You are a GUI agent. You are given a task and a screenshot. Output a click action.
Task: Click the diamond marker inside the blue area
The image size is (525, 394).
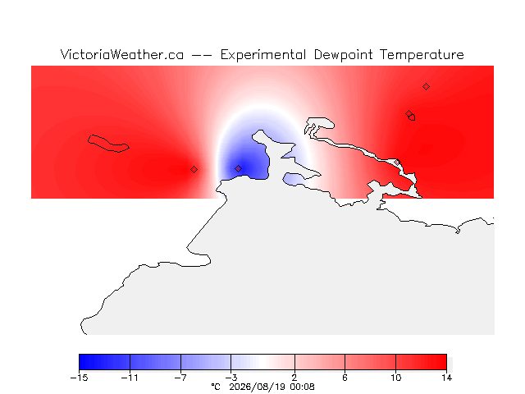pyautogui.click(x=238, y=168)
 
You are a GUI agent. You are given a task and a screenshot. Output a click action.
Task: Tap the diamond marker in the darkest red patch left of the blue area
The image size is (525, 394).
pyautogui.click(x=194, y=170)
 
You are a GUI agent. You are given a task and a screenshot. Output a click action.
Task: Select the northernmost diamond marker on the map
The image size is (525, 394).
pyautogui.click(x=426, y=87)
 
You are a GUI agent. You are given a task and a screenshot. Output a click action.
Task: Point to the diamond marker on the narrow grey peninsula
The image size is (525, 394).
pyautogui.click(x=397, y=163)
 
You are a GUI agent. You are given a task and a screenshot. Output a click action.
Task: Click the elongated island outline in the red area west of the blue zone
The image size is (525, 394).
pyautogui.click(x=108, y=144)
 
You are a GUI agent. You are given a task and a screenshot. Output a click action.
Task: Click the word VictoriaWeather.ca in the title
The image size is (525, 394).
pyautogui.click(x=122, y=55)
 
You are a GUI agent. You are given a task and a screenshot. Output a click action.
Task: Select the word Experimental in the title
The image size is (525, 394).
pyautogui.click(x=263, y=55)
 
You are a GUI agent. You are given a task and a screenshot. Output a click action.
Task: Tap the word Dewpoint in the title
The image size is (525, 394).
pyautogui.click(x=343, y=55)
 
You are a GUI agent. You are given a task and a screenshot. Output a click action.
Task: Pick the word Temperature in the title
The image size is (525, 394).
pyautogui.click(x=422, y=55)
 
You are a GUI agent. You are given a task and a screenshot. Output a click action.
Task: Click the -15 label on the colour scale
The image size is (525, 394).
pyautogui.click(x=79, y=378)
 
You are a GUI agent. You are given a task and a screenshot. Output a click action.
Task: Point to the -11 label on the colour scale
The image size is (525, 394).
pyautogui.click(x=130, y=378)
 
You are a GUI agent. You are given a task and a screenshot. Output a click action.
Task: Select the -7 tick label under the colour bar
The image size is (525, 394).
pyautogui.click(x=180, y=378)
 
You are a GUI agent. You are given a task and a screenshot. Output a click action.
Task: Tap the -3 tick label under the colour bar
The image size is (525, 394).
pyautogui.click(x=231, y=378)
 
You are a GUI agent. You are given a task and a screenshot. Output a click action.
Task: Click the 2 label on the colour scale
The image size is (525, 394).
pyautogui.click(x=294, y=378)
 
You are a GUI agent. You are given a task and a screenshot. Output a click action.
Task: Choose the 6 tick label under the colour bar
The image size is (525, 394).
pyautogui.click(x=345, y=378)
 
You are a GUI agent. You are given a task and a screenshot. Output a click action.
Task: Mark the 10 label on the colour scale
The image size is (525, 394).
pyautogui.click(x=395, y=378)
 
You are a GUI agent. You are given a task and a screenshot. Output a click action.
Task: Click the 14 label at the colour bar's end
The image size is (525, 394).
pyautogui.click(x=446, y=378)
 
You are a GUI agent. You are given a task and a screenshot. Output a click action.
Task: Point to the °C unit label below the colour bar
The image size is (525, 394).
pyautogui.click(x=216, y=387)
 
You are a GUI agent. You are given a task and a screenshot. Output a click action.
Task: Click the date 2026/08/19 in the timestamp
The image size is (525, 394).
pyautogui.click(x=258, y=387)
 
